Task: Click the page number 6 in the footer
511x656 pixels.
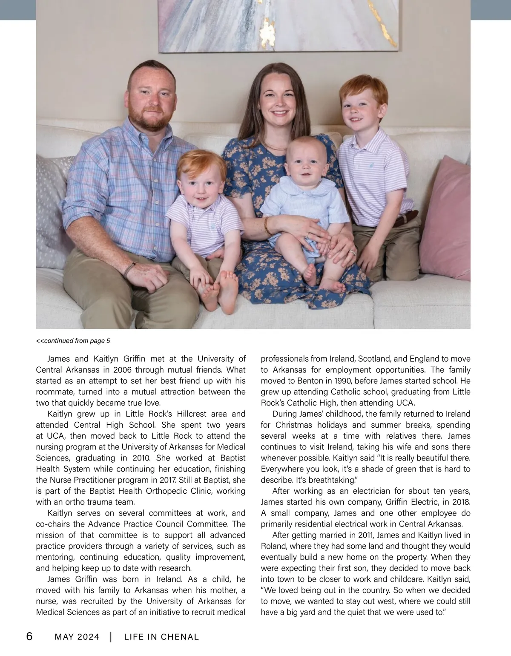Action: (x=29, y=636)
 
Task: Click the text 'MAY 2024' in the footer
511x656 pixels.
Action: (x=77, y=637)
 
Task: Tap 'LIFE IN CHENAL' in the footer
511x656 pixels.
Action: (x=161, y=637)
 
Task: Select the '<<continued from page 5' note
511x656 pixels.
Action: (x=73, y=341)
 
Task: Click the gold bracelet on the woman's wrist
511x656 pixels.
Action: (x=267, y=225)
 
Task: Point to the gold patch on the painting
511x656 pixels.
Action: (x=268, y=30)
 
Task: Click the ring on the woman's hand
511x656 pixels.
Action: (x=352, y=253)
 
